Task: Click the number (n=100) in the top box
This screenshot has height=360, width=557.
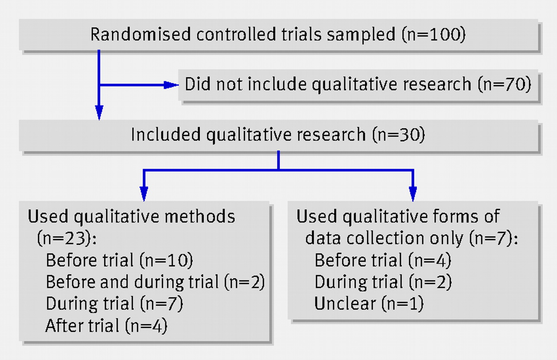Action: (434, 34)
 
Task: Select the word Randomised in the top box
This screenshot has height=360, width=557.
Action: (141, 34)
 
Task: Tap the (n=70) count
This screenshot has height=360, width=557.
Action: (504, 84)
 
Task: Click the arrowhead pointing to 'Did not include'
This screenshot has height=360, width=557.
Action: (171, 85)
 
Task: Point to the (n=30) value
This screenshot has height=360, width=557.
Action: (399, 135)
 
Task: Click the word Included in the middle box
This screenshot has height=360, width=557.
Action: (166, 134)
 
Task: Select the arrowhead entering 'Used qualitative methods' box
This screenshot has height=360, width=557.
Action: (144, 194)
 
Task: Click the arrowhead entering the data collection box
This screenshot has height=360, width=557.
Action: (413, 194)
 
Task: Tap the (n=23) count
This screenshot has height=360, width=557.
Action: (67, 238)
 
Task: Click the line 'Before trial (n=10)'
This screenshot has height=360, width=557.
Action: (120, 260)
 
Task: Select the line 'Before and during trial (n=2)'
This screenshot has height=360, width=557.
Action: (155, 282)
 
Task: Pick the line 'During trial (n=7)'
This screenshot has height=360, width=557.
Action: (114, 303)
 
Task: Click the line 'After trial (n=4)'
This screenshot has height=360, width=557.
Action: (107, 326)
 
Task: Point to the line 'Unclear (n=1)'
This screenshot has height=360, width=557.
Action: (369, 303)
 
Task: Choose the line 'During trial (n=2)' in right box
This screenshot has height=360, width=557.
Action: (383, 282)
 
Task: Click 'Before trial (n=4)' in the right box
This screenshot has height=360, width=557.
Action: (383, 260)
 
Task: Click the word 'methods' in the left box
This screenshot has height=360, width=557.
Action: (200, 216)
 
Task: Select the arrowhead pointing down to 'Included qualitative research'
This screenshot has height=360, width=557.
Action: (99, 113)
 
